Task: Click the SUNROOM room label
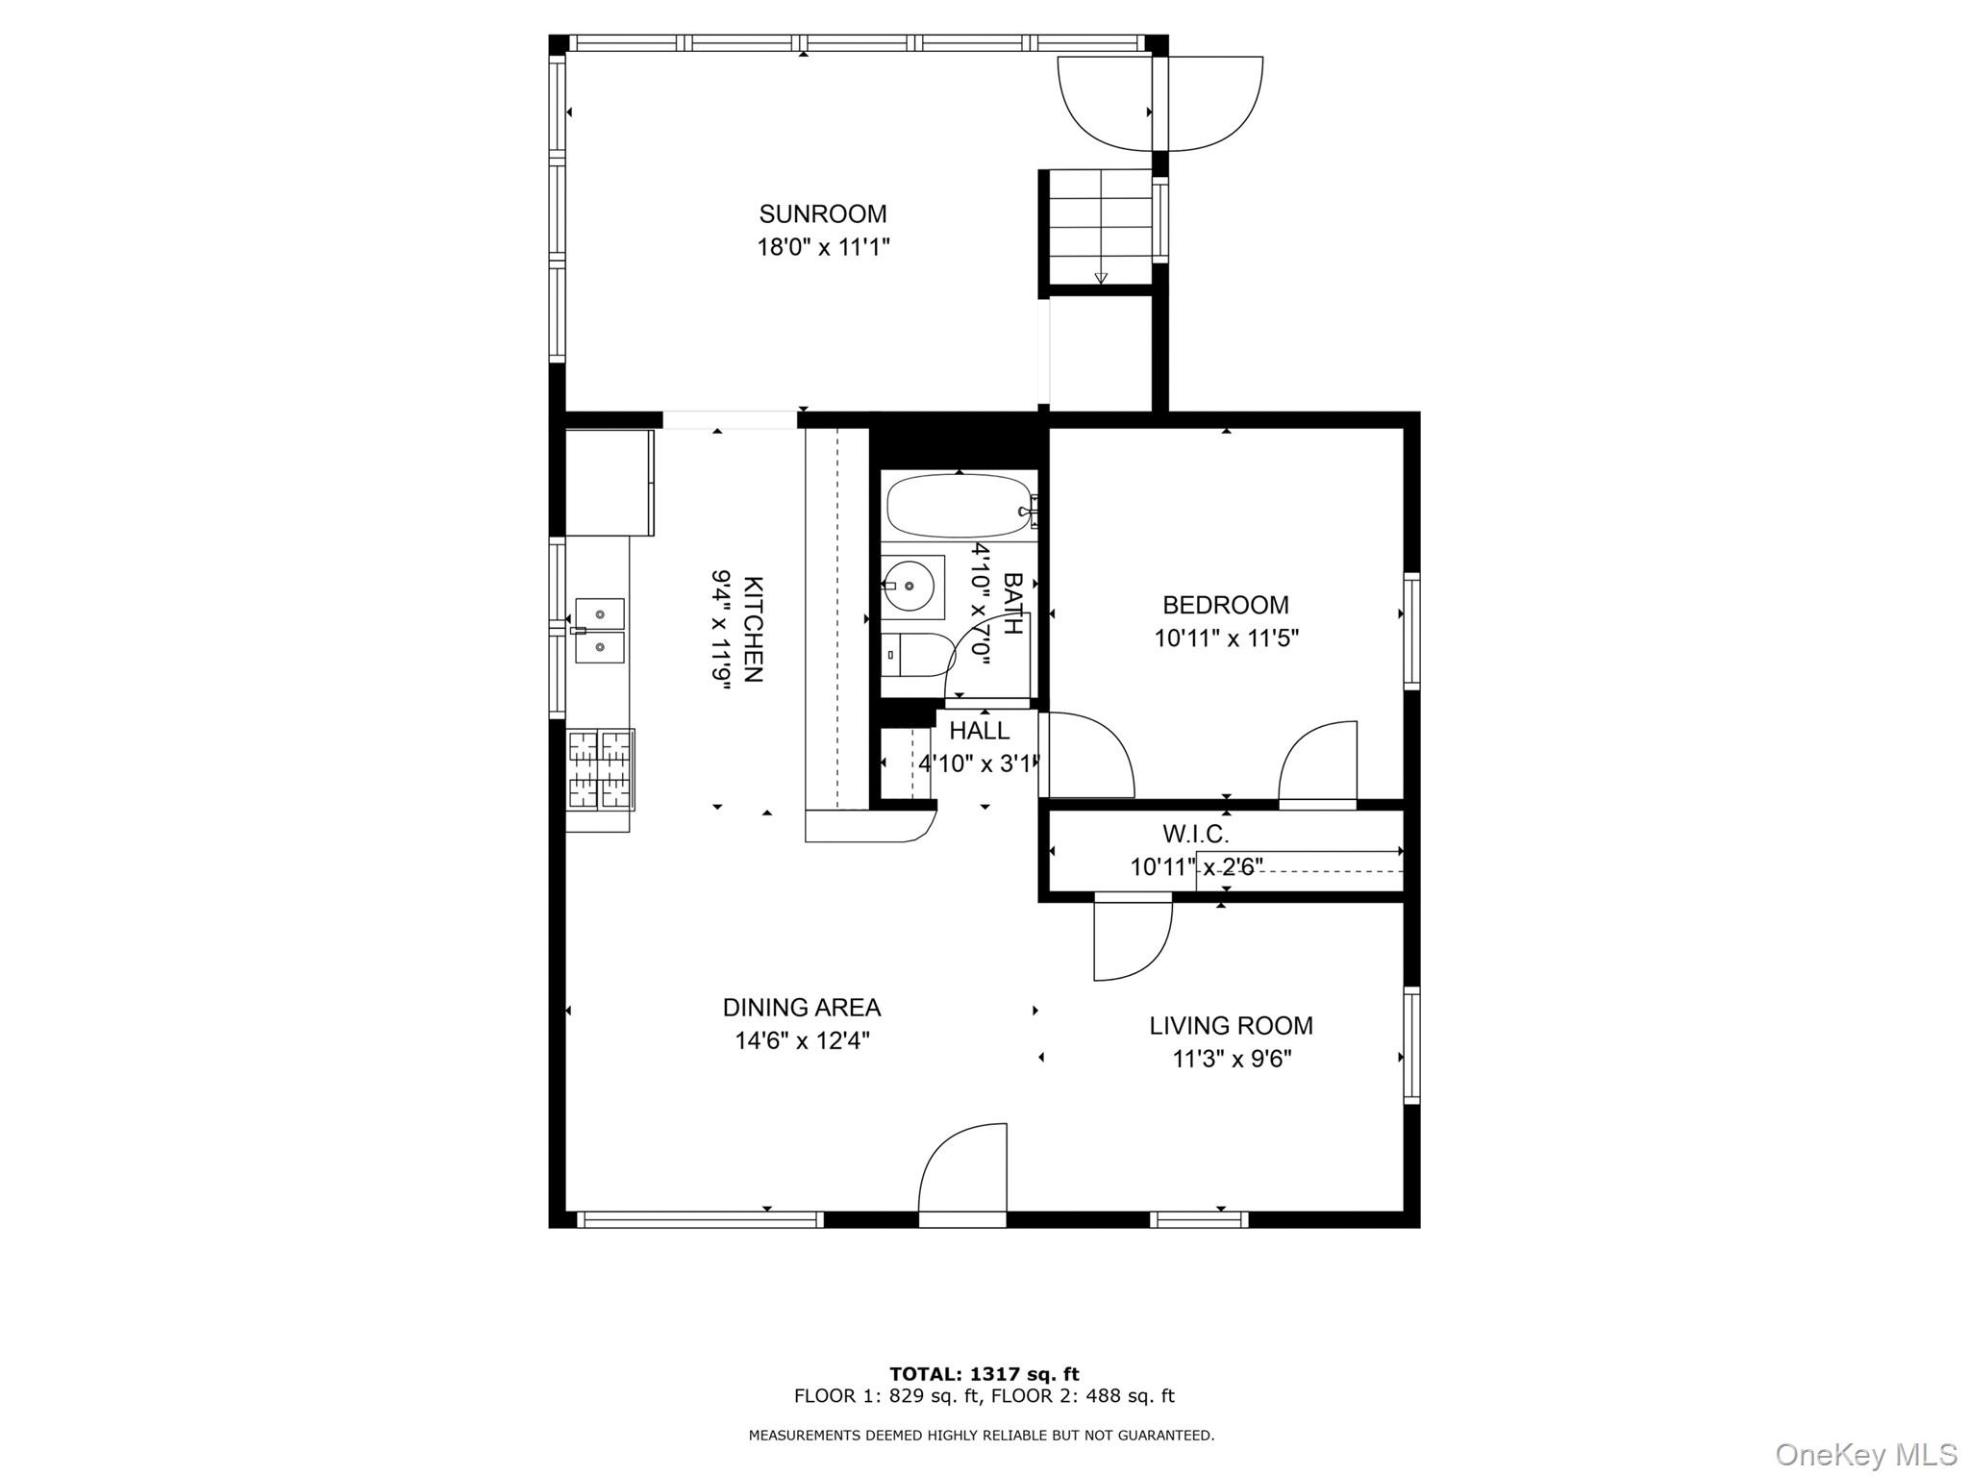(x=822, y=213)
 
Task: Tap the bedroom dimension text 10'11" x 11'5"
(x=1226, y=638)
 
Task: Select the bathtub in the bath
(x=958, y=506)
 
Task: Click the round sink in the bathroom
(x=908, y=588)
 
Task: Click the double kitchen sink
(x=600, y=631)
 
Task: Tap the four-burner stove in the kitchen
(x=601, y=769)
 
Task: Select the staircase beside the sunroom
(x=1100, y=227)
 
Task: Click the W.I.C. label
(x=1195, y=834)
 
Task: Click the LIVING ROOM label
(x=1231, y=1026)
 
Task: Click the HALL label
(x=979, y=731)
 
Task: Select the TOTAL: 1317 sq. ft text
(x=984, y=1374)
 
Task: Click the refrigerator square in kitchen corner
(x=609, y=482)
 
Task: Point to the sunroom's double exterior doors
(x=1159, y=104)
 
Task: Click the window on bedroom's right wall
(x=1410, y=631)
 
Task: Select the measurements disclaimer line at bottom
(x=981, y=1436)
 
